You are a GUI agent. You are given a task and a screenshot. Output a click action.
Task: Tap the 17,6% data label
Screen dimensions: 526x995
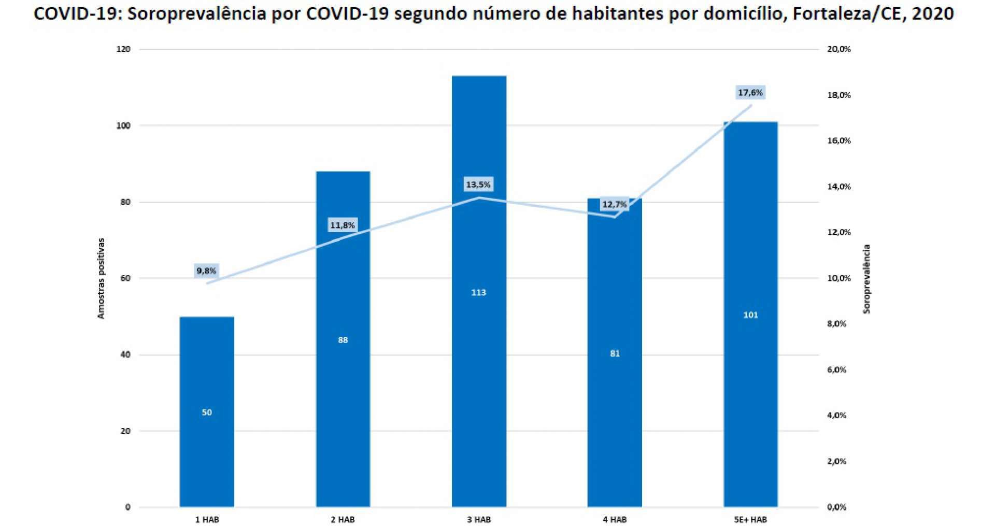point(750,93)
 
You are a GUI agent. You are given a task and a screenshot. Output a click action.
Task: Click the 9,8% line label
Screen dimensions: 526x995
point(206,271)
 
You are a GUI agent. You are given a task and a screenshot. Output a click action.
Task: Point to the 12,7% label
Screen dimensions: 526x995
point(614,204)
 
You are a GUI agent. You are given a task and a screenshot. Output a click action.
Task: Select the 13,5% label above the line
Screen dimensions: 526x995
point(478,184)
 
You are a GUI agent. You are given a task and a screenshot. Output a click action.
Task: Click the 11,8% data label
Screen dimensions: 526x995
point(343,225)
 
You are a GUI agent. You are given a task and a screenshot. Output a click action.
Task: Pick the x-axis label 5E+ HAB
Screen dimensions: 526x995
point(750,519)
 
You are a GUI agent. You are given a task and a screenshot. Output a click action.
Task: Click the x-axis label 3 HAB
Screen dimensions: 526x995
point(478,519)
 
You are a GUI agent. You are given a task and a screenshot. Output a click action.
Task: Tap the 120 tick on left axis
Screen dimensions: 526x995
point(125,49)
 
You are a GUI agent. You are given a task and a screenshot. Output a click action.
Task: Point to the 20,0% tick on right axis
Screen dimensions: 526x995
point(838,49)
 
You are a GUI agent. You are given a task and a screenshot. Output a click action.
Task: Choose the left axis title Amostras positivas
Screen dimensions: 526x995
point(101,278)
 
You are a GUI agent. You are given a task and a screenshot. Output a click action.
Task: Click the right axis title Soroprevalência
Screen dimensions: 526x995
point(866,279)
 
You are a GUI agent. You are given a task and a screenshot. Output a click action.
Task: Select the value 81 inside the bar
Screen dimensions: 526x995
point(614,353)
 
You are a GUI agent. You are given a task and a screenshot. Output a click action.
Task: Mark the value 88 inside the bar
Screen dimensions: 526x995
point(343,340)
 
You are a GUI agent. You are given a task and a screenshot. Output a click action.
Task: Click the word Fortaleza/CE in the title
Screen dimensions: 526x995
point(848,13)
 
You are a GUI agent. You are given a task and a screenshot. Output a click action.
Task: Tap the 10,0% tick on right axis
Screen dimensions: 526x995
point(838,278)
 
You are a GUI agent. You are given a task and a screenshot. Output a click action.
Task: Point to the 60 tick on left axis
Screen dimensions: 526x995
point(125,278)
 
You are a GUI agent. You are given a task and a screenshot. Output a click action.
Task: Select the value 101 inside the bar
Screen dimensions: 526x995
point(750,315)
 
